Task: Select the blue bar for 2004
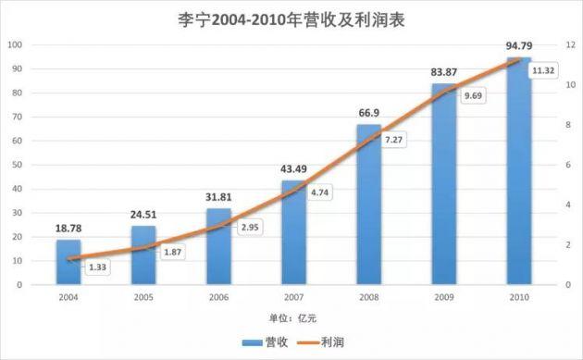(68, 263)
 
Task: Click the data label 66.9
(368, 113)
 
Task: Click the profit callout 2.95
(250, 226)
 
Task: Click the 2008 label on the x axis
(368, 297)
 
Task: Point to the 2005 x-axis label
(143, 297)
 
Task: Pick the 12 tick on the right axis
(571, 44)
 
